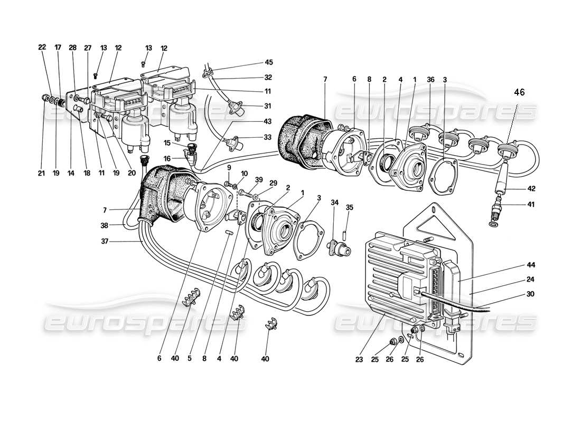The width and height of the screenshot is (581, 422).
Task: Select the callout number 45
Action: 268,62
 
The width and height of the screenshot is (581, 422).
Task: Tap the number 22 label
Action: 42,47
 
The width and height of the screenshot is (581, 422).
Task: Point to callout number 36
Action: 431,80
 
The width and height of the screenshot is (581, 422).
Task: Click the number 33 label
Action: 268,138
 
